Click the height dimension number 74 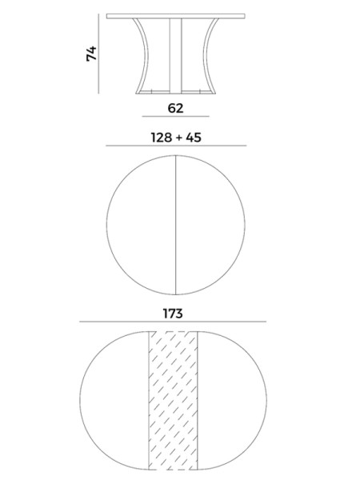[x=91, y=54]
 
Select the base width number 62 [x=175, y=108]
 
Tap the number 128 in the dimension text [x=162, y=138]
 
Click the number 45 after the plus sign [x=194, y=138]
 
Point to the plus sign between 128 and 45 [x=178, y=138]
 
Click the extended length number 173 [x=173, y=314]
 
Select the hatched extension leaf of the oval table [x=173, y=401]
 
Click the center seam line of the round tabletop [x=176, y=225]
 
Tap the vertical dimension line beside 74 [x=98, y=54]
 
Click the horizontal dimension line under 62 [x=175, y=116]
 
